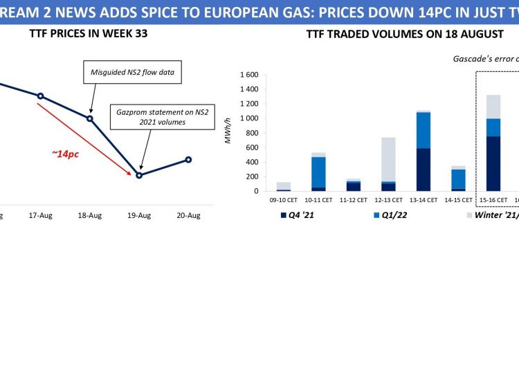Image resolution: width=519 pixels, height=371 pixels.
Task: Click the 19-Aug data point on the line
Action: click(139, 175)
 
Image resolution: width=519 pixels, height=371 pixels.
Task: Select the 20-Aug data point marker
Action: click(189, 160)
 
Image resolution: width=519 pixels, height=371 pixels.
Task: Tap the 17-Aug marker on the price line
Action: click(40, 96)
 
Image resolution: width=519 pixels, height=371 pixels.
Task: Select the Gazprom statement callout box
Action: click(151, 117)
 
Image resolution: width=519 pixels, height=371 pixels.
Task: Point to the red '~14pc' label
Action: click(65, 154)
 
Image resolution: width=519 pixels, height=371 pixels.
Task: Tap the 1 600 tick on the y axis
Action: click(249, 75)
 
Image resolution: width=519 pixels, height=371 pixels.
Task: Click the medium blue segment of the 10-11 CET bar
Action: click(318, 172)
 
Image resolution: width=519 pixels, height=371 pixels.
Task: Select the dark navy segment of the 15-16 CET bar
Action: click(494, 163)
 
